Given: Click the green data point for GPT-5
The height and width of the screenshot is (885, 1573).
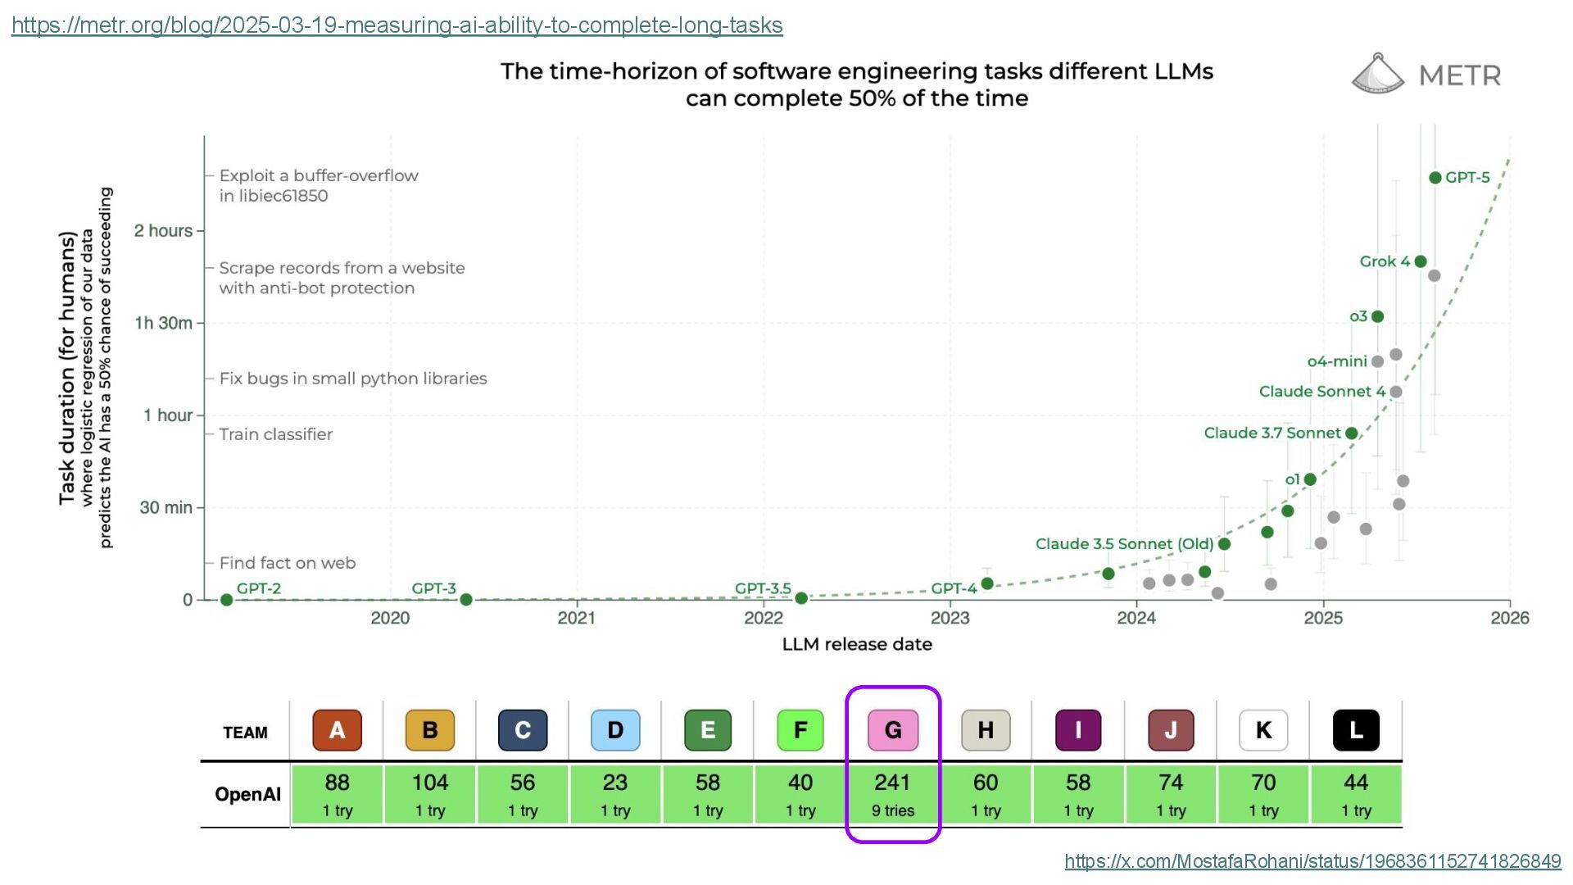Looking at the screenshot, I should click(x=1435, y=178).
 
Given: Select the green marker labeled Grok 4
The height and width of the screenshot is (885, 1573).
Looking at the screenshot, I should click(x=1421, y=261).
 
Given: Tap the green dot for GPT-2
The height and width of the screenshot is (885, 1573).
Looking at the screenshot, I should click(x=227, y=600).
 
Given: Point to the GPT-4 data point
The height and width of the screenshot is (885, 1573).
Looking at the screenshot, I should click(x=987, y=583).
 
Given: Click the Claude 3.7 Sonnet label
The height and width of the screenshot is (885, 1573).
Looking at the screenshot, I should click(x=1272, y=433).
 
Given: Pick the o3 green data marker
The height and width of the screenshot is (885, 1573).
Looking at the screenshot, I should click(x=1377, y=316).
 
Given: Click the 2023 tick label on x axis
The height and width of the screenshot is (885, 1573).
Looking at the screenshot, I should click(x=950, y=618).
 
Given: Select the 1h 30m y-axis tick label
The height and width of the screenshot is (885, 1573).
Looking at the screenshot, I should click(x=164, y=323).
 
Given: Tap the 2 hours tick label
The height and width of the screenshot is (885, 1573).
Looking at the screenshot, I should click(x=163, y=231).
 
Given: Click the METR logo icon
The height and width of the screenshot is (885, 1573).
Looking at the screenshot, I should click(x=1378, y=74).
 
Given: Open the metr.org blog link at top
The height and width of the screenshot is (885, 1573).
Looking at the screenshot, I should click(x=397, y=25).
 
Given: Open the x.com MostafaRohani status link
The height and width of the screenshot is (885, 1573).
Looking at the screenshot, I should click(x=1312, y=861).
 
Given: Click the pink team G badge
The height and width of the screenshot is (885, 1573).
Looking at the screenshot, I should click(x=893, y=730).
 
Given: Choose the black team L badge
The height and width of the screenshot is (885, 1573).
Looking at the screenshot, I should click(x=1356, y=730).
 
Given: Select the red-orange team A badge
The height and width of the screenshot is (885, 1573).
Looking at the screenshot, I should click(x=337, y=730).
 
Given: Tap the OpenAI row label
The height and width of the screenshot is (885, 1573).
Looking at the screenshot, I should click(x=247, y=794).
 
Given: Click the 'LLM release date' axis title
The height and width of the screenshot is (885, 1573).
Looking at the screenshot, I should click(x=857, y=644).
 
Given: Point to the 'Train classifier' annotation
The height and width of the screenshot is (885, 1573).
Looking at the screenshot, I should click(x=275, y=434).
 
